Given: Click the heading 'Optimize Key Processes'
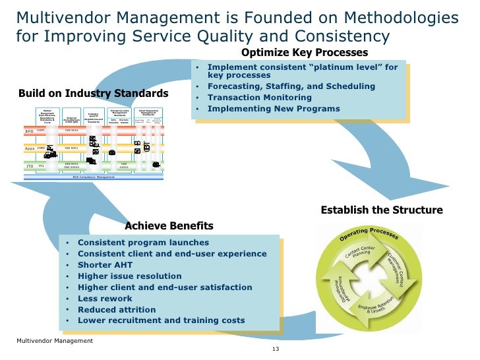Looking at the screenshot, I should click(x=304, y=53).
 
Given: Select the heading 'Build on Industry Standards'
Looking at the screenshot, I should click(x=93, y=93).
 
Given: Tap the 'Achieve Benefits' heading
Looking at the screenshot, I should click(x=169, y=226).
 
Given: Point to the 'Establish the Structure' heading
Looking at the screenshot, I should click(x=381, y=210).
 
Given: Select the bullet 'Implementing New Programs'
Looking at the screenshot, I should click(x=274, y=109).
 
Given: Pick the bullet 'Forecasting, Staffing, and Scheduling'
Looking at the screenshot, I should click(x=291, y=86).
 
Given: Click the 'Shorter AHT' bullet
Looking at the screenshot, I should click(x=105, y=265).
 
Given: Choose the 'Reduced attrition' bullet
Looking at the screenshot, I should click(x=117, y=310).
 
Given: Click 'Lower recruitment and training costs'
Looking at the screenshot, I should click(x=161, y=321).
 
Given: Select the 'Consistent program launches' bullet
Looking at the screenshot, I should click(x=143, y=243).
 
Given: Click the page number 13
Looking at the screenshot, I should click(x=276, y=349).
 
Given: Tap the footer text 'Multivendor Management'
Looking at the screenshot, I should click(x=55, y=341).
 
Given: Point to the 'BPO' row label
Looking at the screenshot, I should click(x=29, y=131).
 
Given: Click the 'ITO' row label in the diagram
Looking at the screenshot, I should click(x=30, y=166).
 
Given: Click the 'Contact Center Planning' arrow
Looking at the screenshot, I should click(x=359, y=255).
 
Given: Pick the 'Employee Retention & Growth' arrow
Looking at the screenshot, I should click(x=376, y=305).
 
